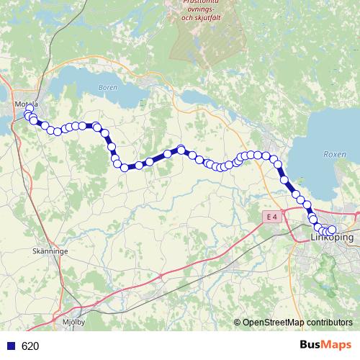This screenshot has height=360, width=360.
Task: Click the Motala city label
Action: click(x=25, y=104)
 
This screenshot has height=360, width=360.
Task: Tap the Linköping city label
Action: click(x=332, y=237)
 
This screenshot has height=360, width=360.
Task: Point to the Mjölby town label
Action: click(x=74, y=322)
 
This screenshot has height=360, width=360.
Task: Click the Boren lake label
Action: click(x=106, y=87)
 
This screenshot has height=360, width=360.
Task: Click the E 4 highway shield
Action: click(x=270, y=217)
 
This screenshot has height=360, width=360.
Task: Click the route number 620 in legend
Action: click(x=30, y=346)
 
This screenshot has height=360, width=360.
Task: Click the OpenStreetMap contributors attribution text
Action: click(x=297, y=323)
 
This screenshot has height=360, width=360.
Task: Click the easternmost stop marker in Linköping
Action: click(x=332, y=230)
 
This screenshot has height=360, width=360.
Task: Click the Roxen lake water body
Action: click(x=324, y=137)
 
